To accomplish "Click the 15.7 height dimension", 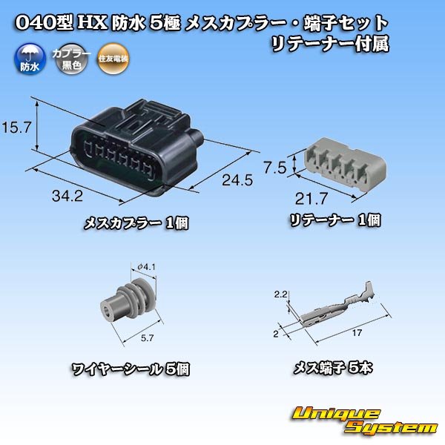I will pos(16,128).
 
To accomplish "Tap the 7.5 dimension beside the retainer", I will pos(277,168).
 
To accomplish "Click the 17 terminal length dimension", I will pos(357,333).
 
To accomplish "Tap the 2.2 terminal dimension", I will pos(280,295).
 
